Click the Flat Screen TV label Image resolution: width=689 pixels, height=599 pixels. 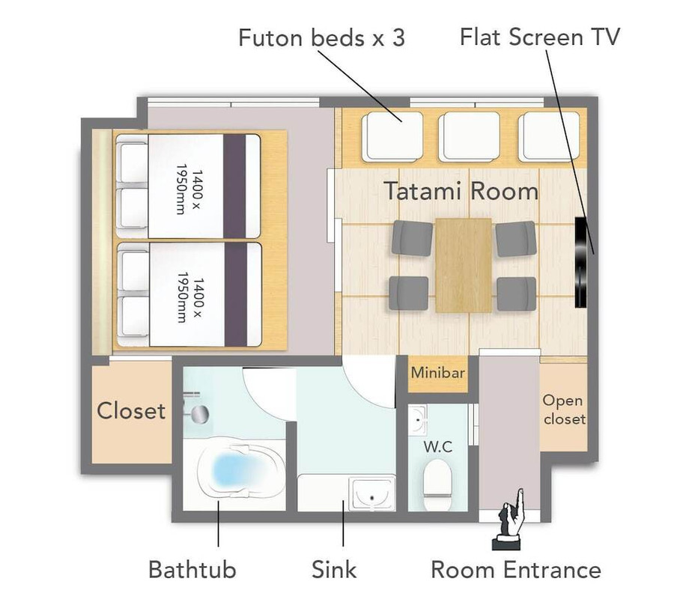pyautogui.click(x=540, y=37)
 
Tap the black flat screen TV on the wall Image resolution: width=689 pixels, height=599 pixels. pyautogui.click(x=581, y=262)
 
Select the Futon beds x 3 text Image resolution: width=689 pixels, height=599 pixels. pyautogui.click(x=321, y=37)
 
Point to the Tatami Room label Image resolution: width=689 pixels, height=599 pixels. pyautogui.click(x=461, y=191)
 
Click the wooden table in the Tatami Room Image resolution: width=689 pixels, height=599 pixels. pyautogui.click(x=464, y=266)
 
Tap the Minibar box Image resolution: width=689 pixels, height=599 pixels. pyautogui.click(x=437, y=373)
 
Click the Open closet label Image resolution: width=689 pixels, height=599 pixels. pyautogui.click(x=564, y=409)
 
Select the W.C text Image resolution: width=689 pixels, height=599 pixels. pyautogui.click(x=438, y=446)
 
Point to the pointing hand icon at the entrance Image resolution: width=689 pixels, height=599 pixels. pyautogui.click(x=510, y=520)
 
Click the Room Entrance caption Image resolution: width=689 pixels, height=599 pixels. pyautogui.click(x=516, y=570)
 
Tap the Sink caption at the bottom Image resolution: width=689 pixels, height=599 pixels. pyautogui.click(x=334, y=570)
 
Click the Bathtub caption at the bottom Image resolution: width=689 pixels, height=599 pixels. pyautogui.click(x=192, y=570)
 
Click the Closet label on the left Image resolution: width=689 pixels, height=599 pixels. pyautogui.click(x=131, y=411)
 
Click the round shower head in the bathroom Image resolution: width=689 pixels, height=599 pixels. pyautogui.click(x=201, y=414)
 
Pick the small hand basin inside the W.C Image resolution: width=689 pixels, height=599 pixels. pyautogui.click(x=417, y=420)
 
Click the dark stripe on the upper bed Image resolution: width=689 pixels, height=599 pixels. pyautogui.click(x=234, y=186)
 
